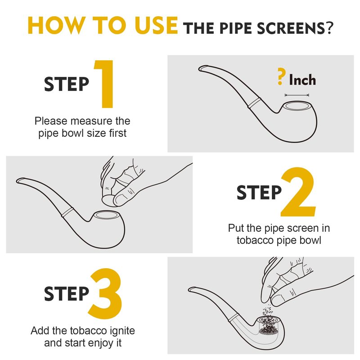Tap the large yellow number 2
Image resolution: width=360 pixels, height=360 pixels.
click(298, 192)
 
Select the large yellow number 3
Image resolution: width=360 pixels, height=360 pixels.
click(105, 293)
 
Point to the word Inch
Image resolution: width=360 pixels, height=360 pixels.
click(302, 80)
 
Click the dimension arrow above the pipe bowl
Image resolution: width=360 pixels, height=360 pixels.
click(297, 95)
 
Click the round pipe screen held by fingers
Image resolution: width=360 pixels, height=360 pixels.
click(108, 200)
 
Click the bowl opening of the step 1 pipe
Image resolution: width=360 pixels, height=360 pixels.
click(297, 106)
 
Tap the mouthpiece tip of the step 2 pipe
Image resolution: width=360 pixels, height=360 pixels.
click(18, 180)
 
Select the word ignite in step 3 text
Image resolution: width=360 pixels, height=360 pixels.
click(122, 331)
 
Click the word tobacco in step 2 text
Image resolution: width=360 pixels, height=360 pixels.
click(255, 240)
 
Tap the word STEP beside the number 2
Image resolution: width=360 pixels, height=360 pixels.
click(259, 193)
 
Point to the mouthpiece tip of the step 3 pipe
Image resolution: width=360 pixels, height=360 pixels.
click(190, 289)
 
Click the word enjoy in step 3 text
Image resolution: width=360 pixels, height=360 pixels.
click(101, 343)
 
